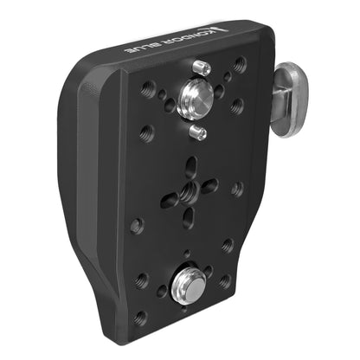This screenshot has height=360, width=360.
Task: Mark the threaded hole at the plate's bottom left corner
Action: (140, 317)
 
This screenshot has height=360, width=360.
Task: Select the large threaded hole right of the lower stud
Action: (224, 281)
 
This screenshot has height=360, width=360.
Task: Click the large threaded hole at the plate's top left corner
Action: (148, 87)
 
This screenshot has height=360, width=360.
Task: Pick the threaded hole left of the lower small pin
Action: (146, 133)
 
